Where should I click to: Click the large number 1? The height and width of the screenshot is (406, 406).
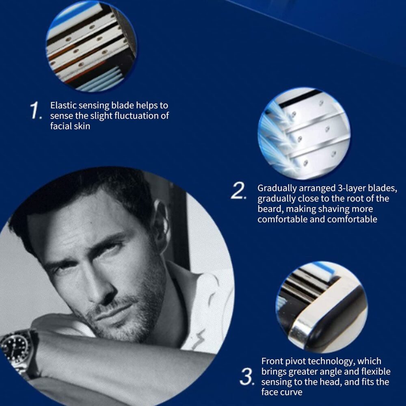point(36,111)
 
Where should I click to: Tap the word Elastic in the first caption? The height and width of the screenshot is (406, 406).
point(63,106)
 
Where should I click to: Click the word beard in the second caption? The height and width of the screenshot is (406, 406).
point(269,209)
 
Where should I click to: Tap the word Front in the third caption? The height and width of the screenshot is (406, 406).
point(273,361)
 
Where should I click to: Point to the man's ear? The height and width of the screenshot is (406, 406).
point(161,221)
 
